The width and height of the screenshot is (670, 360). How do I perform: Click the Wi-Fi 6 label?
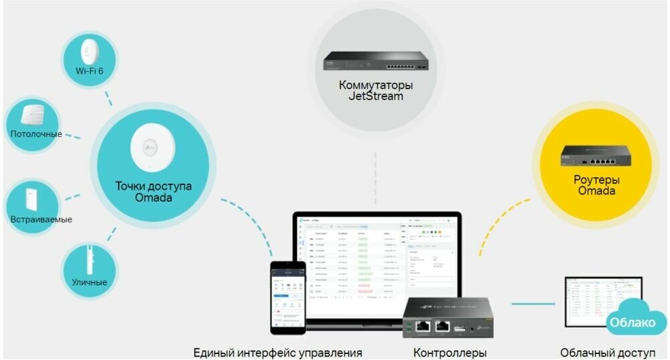pyautogui.click(x=89, y=71)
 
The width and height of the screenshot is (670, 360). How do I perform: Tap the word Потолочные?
pyautogui.click(x=36, y=134)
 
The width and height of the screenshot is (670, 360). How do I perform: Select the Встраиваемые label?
pyautogui.click(x=41, y=219)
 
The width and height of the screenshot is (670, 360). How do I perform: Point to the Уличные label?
pyautogui.click(x=89, y=282)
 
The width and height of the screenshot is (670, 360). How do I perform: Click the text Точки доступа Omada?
pyautogui.click(x=153, y=192)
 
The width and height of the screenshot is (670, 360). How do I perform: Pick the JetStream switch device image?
pyautogui.click(x=375, y=62)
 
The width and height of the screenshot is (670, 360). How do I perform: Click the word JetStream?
pyautogui.click(x=375, y=97)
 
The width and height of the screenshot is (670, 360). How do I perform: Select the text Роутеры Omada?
pyautogui.click(x=596, y=185)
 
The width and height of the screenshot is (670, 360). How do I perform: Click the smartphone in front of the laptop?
pyautogui.click(x=288, y=297)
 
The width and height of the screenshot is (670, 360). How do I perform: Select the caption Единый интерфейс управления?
pyautogui.click(x=277, y=353)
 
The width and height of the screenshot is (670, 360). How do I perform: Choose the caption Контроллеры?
pyautogui.click(x=450, y=353)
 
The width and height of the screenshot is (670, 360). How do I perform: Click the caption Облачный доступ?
pyautogui.click(x=608, y=353)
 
